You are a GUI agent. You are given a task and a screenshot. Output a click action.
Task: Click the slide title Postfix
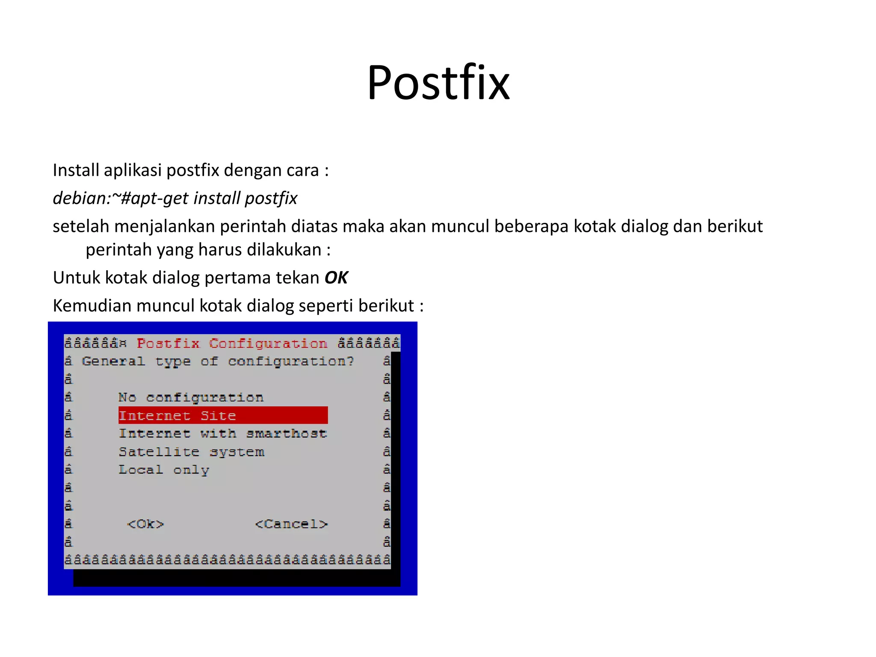(438, 83)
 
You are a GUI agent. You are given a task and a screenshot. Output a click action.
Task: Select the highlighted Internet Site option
(177, 416)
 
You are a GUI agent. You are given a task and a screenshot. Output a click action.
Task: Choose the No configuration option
(191, 398)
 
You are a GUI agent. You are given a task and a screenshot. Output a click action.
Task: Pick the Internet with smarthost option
(223, 434)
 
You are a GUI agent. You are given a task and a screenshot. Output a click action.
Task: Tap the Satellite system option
(192, 452)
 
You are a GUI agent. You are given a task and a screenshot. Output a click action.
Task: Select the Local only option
(164, 470)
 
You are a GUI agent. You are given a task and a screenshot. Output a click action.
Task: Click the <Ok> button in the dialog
(145, 524)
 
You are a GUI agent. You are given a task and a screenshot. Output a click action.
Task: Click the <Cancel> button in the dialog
(291, 524)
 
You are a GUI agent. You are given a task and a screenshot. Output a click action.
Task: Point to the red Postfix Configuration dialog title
(232, 343)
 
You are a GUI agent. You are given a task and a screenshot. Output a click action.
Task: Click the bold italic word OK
(336, 278)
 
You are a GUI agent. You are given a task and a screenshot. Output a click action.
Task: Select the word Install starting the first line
(76, 170)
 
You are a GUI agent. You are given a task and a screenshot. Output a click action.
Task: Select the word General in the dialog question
(113, 361)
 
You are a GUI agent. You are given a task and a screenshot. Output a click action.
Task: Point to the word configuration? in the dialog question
(291, 362)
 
